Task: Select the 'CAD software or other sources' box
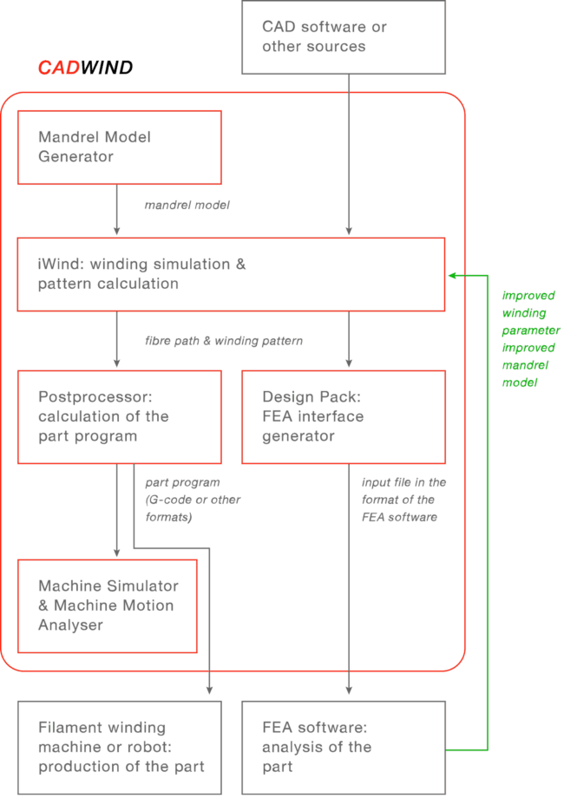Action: pyautogui.click(x=344, y=39)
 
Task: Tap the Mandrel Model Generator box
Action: pyautogui.click(x=119, y=147)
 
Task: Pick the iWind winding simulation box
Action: pyautogui.click(x=232, y=274)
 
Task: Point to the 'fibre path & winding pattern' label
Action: pyautogui.click(x=223, y=341)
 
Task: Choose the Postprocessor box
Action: pyautogui.click(x=119, y=417)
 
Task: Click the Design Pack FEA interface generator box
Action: pyautogui.click(x=344, y=417)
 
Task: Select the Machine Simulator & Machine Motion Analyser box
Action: pyautogui.click(x=108, y=605)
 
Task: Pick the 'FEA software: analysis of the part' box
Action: pyautogui.click(x=344, y=746)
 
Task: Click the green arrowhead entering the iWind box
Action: pyautogui.click(x=452, y=275)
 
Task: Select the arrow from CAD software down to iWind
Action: pyautogui.click(x=349, y=156)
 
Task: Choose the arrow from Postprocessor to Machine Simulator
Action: pyautogui.click(x=116, y=512)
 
